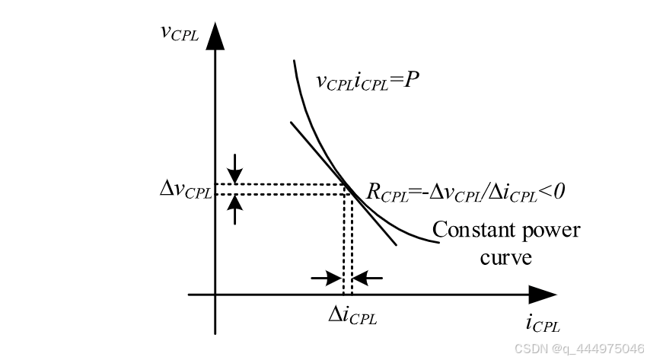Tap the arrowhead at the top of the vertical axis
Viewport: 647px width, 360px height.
click(x=215, y=36)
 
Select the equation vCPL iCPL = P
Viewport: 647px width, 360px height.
click(x=368, y=81)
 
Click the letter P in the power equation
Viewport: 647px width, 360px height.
click(x=412, y=79)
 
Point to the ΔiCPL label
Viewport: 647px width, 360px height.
click(x=352, y=314)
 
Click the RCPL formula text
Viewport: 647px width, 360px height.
click(x=464, y=192)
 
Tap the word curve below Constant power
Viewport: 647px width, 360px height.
click(x=505, y=257)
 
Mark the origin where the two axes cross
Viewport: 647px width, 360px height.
click(x=215, y=295)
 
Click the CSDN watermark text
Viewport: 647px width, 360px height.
click(x=578, y=348)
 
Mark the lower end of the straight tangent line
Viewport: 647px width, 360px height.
click(x=396, y=244)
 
